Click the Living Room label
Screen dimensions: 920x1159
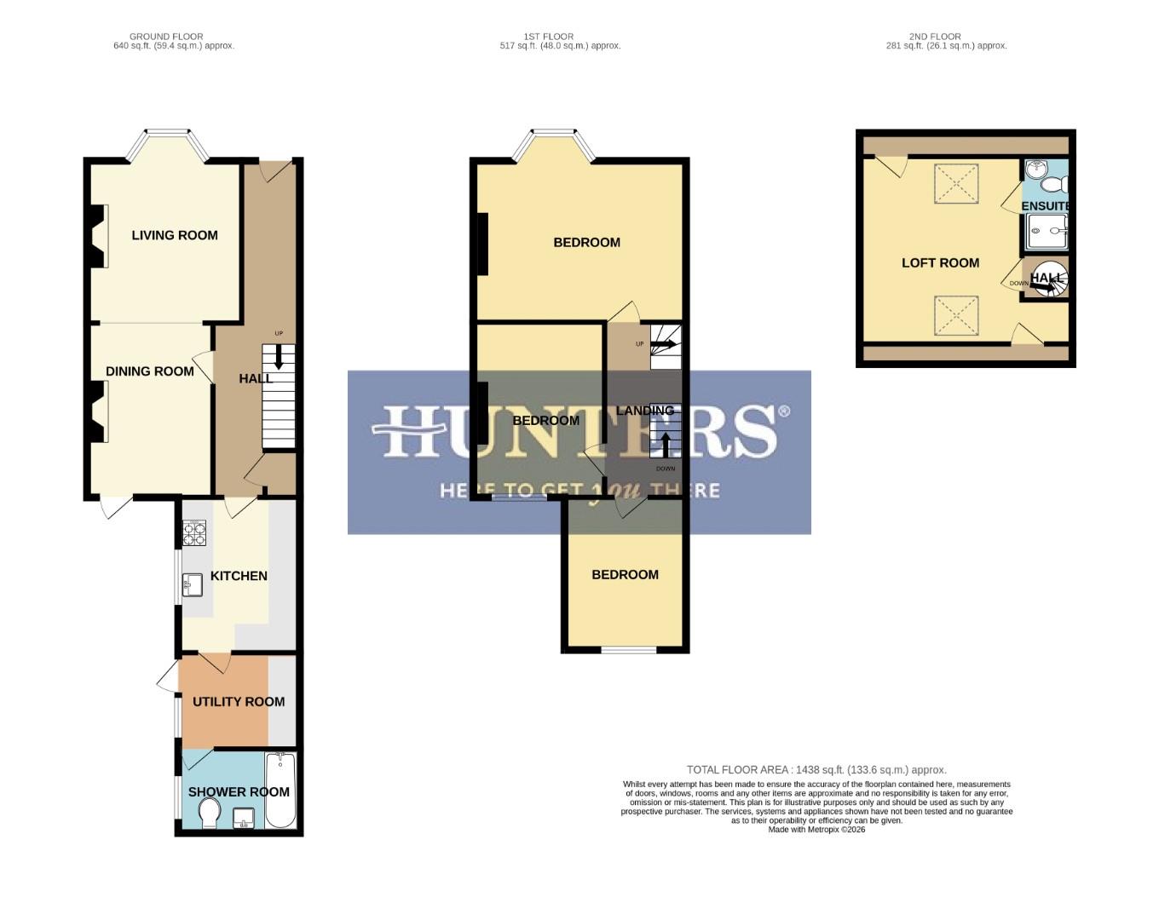[x=175, y=235]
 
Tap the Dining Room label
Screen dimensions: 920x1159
[x=150, y=371]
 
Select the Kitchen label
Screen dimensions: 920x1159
[x=239, y=576]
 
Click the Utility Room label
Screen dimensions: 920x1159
[x=239, y=702]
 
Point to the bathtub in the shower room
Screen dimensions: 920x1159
[x=280, y=791]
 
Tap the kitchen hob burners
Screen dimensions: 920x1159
[x=194, y=533]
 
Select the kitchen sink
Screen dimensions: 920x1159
[x=192, y=584]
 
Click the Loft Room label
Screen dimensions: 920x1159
[x=940, y=263]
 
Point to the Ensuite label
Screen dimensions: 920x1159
[x=1045, y=206]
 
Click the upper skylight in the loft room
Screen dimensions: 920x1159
[x=956, y=184]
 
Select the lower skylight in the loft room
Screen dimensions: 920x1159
[x=956, y=316]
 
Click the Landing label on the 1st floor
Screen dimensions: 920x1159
[x=645, y=411]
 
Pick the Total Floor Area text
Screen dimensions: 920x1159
[x=816, y=770]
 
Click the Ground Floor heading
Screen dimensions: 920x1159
[x=166, y=37]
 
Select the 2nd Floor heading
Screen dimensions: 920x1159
[x=935, y=37]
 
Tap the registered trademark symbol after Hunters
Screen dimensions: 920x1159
[x=784, y=411]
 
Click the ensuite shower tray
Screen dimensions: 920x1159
[x=1047, y=230]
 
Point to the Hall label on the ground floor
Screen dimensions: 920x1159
[x=256, y=378]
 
